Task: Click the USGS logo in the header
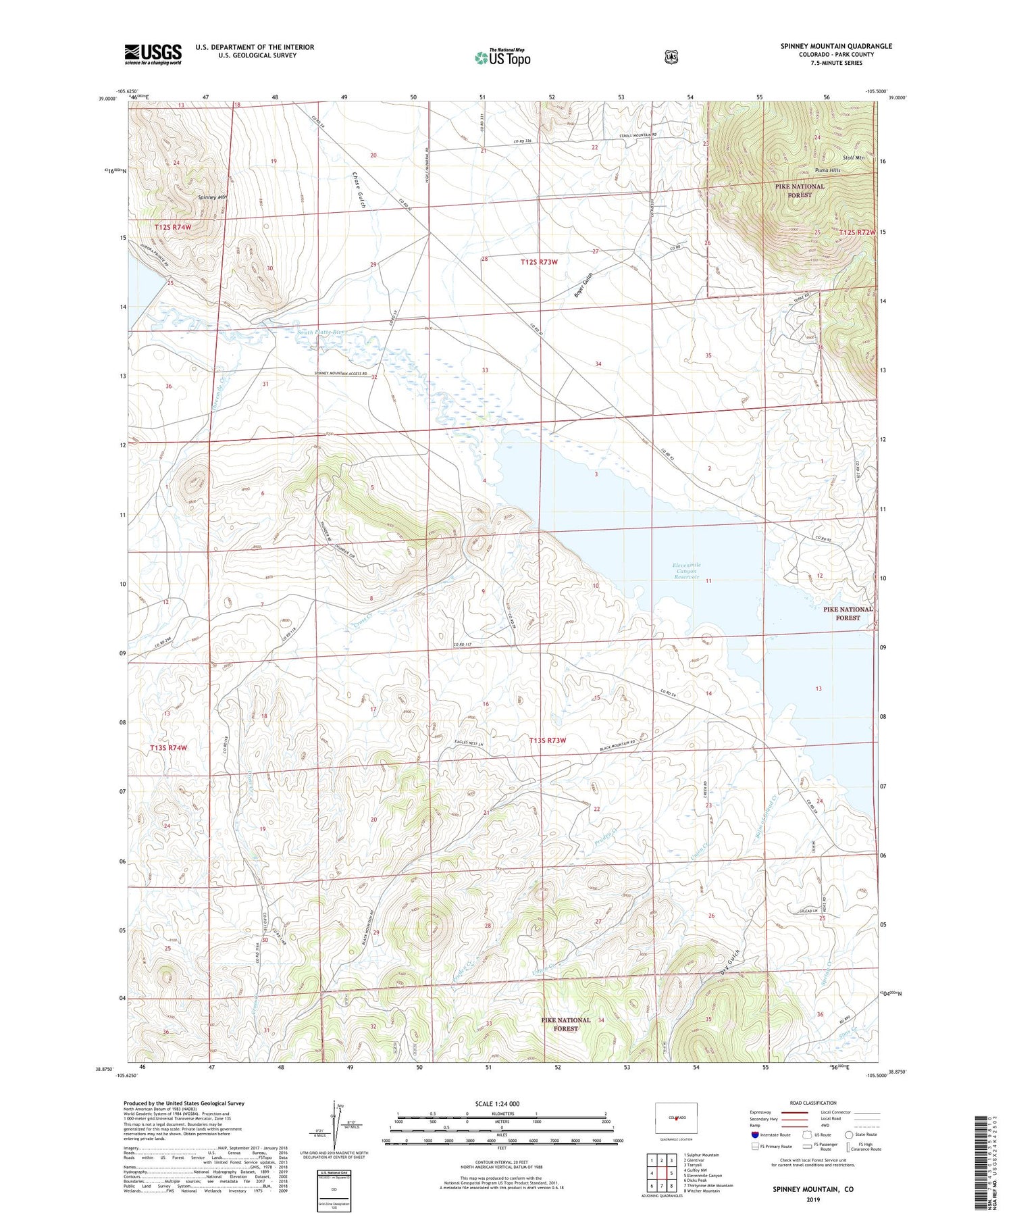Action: (153, 54)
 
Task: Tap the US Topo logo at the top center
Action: (502, 57)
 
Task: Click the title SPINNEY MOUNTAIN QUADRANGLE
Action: (836, 46)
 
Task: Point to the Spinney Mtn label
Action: (212, 197)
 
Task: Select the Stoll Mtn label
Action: (854, 157)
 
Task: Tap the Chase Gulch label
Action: (357, 190)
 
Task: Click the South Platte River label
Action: (321, 332)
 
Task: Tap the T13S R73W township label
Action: (548, 741)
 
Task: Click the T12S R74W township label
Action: (172, 227)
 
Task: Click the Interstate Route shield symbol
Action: (755, 1134)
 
